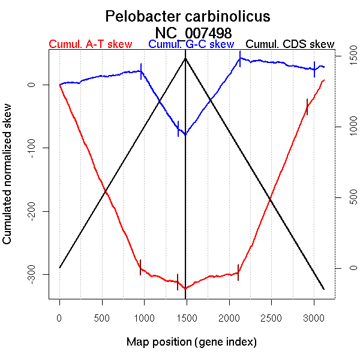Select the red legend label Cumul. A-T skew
tap(90, 44)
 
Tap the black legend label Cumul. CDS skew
tap(290, 44)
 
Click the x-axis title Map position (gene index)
tap(191, 342)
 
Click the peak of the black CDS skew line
tap(185, 58)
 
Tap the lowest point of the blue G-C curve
tap(185, 134)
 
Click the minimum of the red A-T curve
tap(185, 289)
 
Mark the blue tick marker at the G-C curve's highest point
tap(240, 58)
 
